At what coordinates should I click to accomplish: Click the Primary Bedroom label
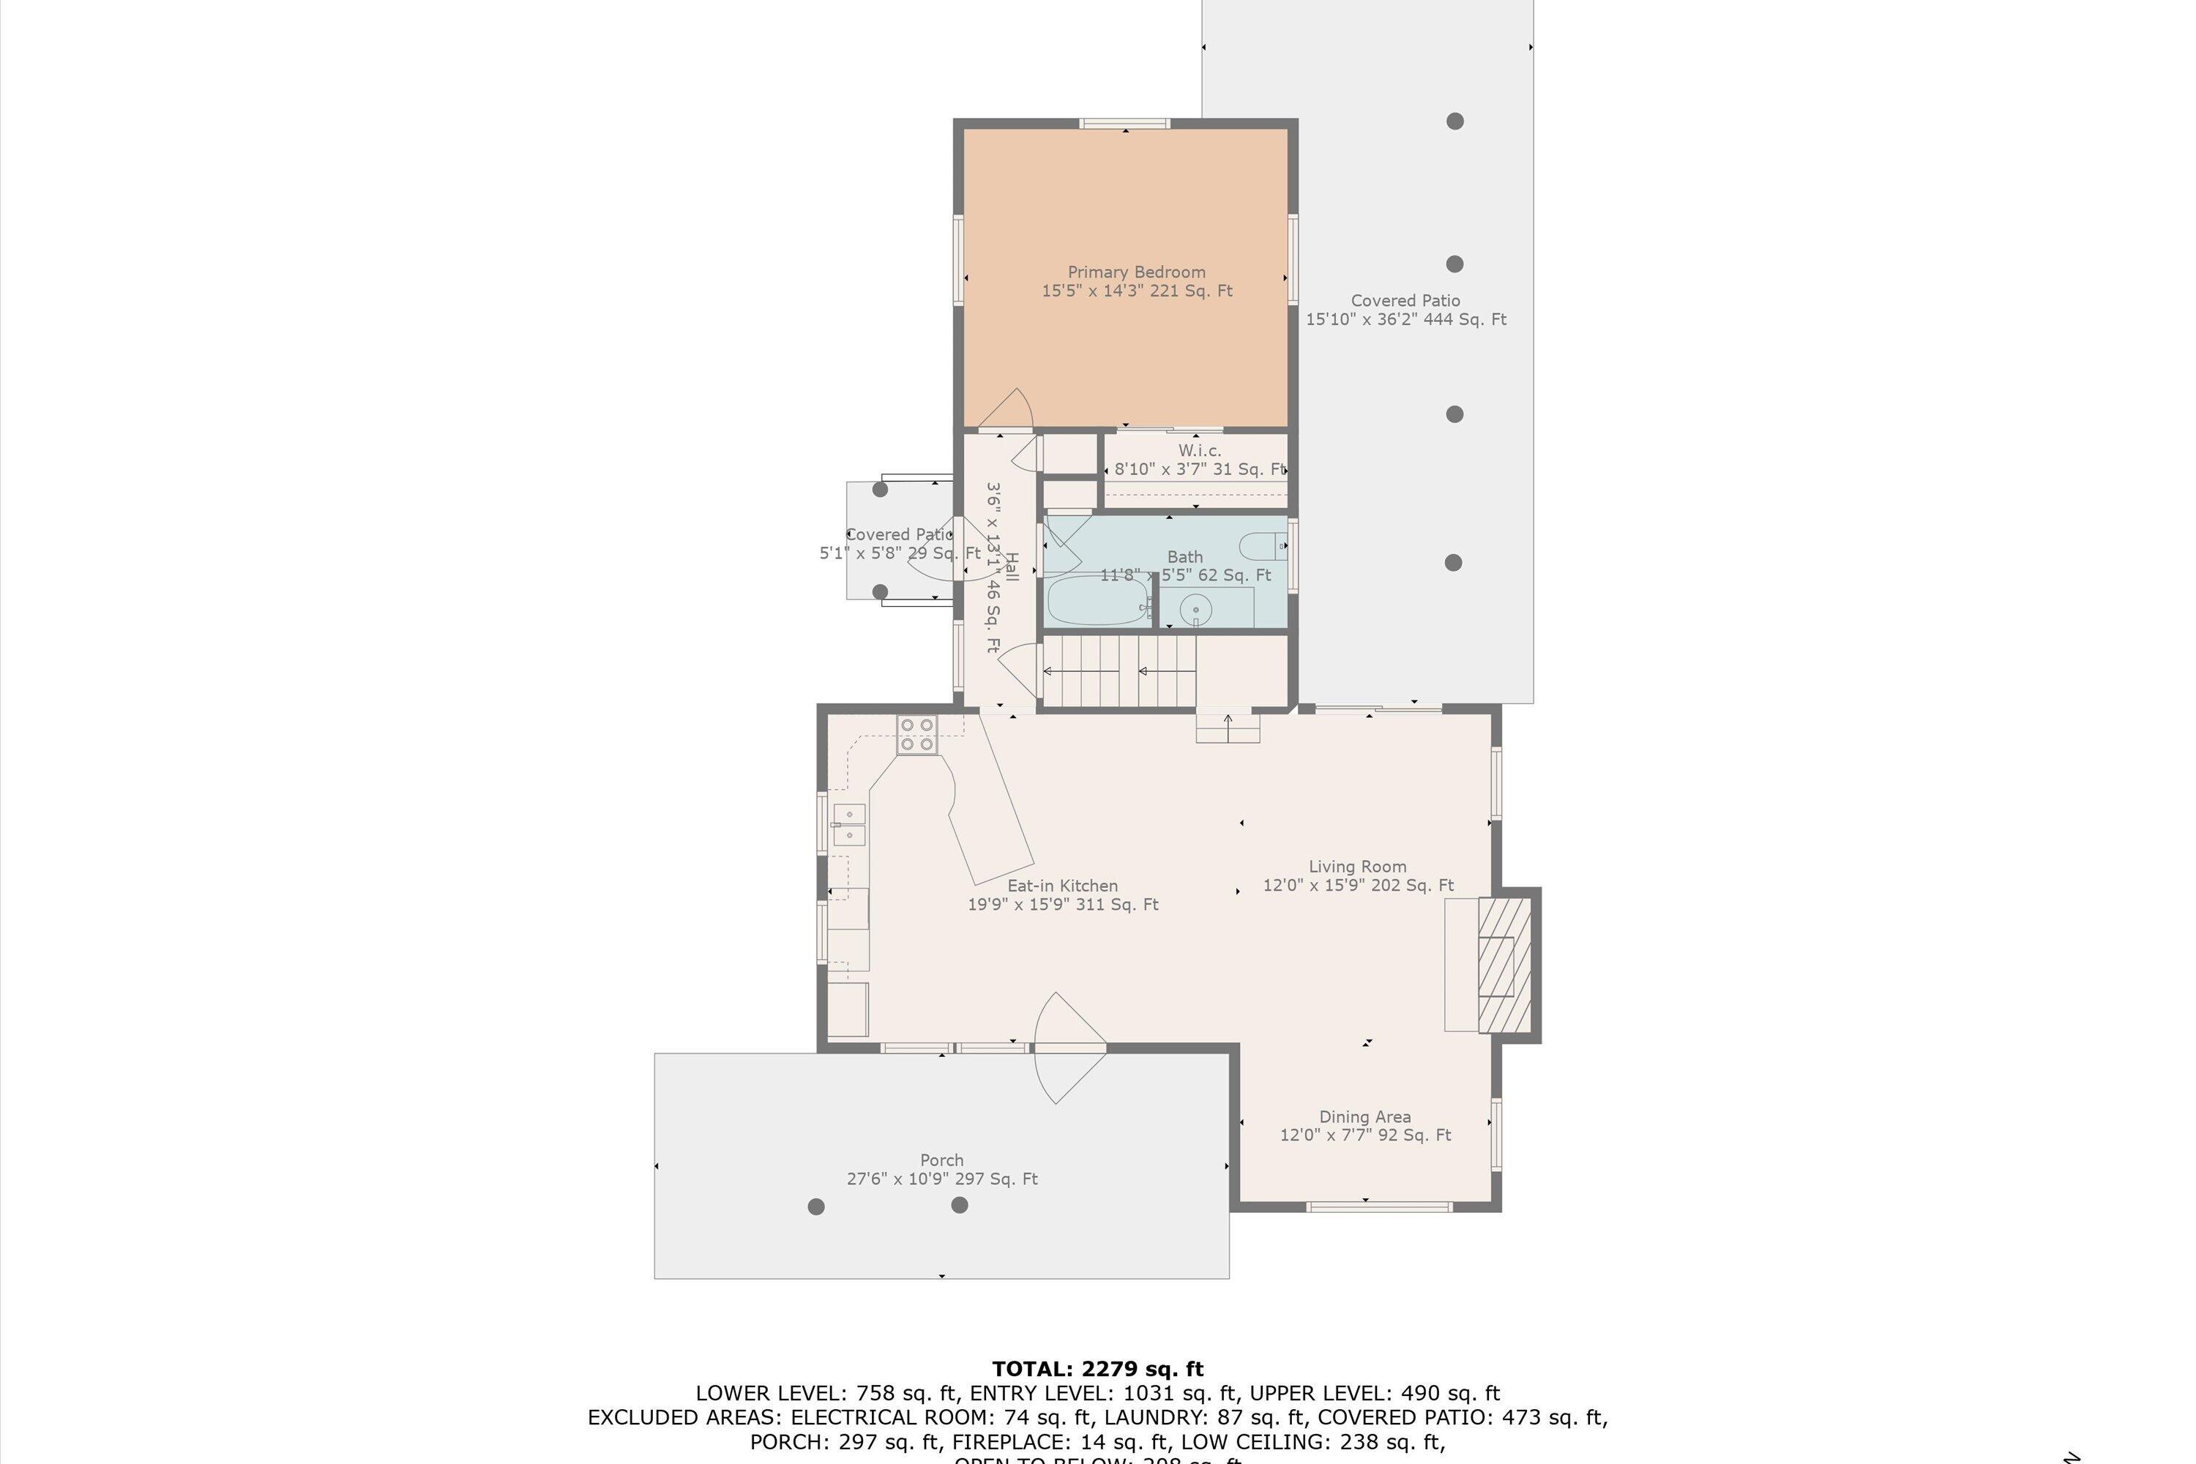pyautogui.click(x=1136, y=272)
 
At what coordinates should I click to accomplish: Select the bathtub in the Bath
pyautogui.click(x=1097, y=600)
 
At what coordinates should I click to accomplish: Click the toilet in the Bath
pyautogui.click(x=1262, y=545)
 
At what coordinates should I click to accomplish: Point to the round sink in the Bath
pyautogui.click(x=1195, y=610)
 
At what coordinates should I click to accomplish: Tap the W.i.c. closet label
pyautogui.click(x=1199, y=451)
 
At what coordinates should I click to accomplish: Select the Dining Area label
pyautogui.click(x=1364, y=1117)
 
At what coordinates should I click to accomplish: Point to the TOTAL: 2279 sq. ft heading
pyautogui.click(x=1097, y=1369)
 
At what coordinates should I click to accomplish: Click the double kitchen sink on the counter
pyautogui.click(x=848, y=824)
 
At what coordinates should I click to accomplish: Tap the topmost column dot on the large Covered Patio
pyautogui.click(x=1454, y=122)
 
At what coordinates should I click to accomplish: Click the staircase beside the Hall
pyautogui.click(x=1118, y=671)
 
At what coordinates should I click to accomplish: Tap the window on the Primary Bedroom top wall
pyautogui.click(x=1124, y=123)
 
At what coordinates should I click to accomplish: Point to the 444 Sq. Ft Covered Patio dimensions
pyautogui.click(x=1405, y=319)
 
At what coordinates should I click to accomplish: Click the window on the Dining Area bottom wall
pyautogui.click(x=1378, y=1206)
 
